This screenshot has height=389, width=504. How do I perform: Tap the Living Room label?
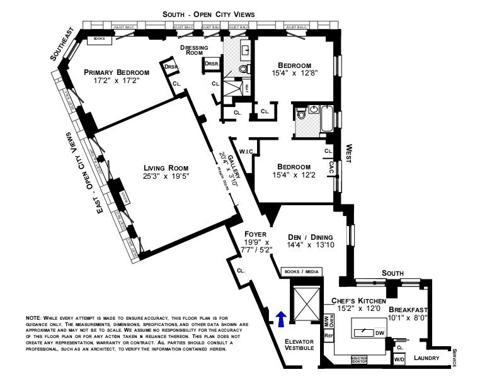(x=166, y=167)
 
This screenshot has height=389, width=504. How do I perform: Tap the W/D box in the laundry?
(x=399, y=359)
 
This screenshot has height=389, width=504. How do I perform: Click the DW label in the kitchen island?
(x=379, y=333)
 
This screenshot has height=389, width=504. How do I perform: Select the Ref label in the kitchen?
(x=328, y=336)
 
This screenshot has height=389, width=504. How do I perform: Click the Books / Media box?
(x=302, y=272)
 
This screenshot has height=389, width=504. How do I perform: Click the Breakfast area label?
(x=408, y=310)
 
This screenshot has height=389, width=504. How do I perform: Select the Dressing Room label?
(x=194, y=50)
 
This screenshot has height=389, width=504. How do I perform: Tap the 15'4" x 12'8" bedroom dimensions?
(x=295, y=73)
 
